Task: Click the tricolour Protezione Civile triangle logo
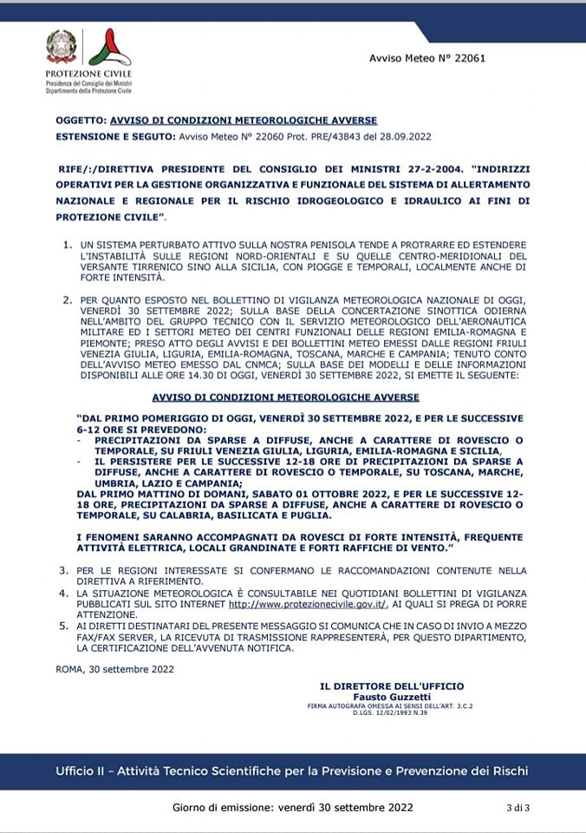click(x=109, y=47)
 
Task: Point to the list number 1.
click(x=68, y=246)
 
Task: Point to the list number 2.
click(x=68, y=298)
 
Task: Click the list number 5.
click(x=63, y=625)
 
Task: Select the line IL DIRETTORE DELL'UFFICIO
click(x=392, y=686)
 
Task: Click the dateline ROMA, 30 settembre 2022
click(x=114, y=668)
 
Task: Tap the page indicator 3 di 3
click(x=518, y=808)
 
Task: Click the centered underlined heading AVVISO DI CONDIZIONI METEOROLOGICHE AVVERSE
click(x=285, y=397)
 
